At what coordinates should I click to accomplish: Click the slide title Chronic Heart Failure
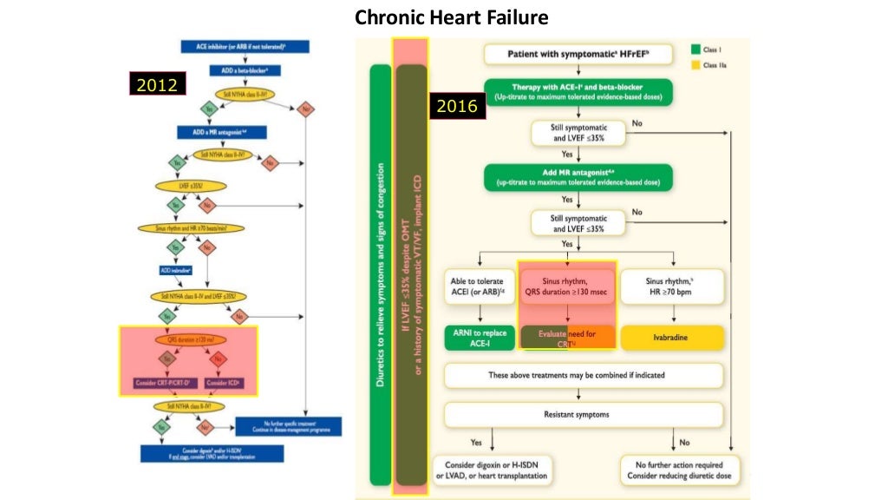[x=452, y=17]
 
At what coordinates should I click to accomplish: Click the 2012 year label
[x=155, y=85]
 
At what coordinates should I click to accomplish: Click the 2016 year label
[x=456, y=107]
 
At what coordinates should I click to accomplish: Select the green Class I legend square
[x=695, y=49]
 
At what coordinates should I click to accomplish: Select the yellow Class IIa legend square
[x=695, y=65]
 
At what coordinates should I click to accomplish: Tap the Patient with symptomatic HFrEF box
[x=579, y=55]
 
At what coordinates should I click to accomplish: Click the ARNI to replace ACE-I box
[x=478, y=338]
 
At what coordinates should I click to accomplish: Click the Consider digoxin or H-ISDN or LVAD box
[x=491, y=470]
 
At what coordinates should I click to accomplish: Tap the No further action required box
[x=680, y=470]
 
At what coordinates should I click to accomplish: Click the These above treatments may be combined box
[x=582, y=375]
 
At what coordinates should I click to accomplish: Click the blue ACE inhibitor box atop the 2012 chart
[x=245, y=47]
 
